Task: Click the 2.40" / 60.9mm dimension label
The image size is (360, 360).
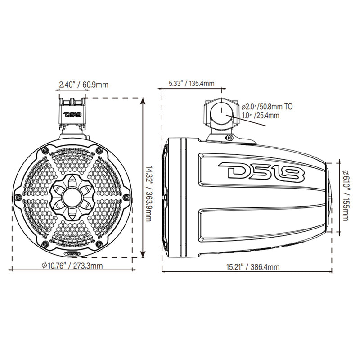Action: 84,84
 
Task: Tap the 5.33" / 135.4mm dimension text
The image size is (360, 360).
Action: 191,84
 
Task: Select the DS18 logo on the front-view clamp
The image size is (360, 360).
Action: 72,114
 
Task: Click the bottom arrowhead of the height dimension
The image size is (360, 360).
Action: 143,254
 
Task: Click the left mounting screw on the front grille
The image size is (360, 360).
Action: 17,198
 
